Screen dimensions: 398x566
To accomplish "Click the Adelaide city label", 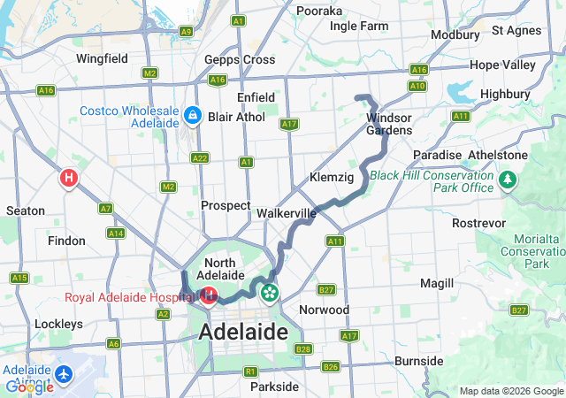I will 244,333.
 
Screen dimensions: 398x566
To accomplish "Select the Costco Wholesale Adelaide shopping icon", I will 192,116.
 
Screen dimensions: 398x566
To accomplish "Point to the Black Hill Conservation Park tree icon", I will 508,181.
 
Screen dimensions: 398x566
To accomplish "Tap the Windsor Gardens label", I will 389,124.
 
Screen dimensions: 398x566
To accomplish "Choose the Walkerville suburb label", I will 287,213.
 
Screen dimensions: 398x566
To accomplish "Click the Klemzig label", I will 332,178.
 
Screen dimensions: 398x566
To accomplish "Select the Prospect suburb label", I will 226,205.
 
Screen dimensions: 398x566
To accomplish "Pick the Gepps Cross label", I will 240,59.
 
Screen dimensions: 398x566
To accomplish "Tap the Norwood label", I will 325,310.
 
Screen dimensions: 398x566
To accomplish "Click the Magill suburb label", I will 437,283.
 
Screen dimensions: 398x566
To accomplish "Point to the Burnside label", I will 418,361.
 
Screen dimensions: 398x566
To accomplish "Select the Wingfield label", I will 103,59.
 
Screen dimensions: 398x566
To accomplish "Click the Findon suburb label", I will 66,241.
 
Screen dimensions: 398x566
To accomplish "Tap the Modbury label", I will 455,34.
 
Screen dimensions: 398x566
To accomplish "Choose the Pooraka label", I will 319,11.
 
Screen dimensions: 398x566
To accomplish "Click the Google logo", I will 29,387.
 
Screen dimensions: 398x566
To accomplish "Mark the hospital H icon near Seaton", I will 68,179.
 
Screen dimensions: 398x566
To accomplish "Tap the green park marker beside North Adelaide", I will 269,290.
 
